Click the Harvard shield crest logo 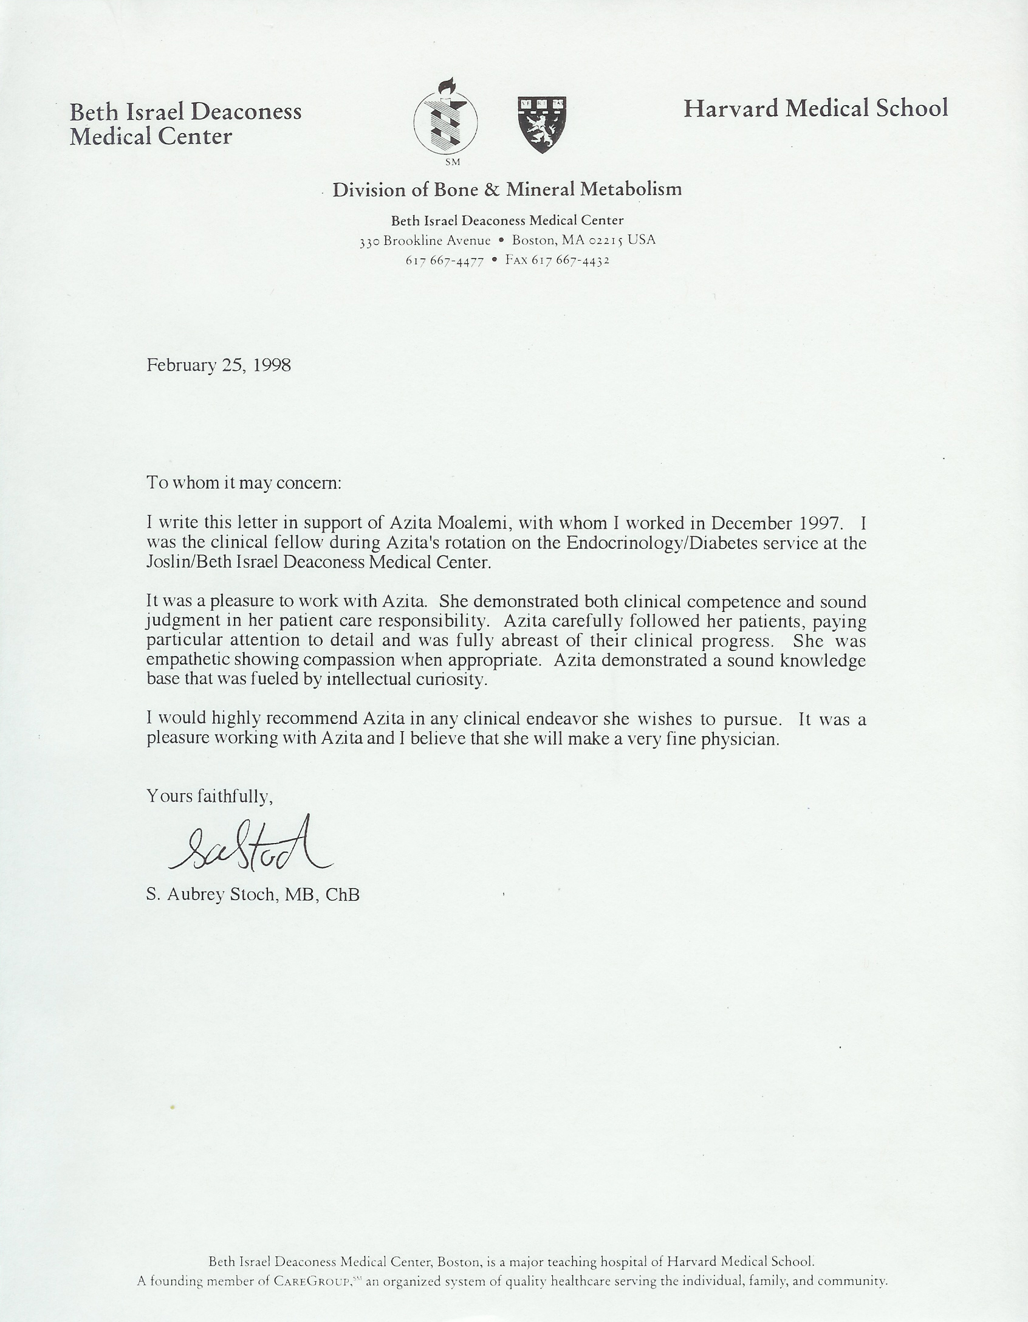pyautogui.click(x=542, y=125)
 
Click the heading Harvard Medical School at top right pyautogui.click(x=815, y=109)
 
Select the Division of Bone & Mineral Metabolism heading pyautogui.click(x=507, y=190)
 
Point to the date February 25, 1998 pyautogui.click(x=219, y=365)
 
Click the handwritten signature pyautogui.click(x=250, y=845)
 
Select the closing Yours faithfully pyautogui.click(x=210, y=796)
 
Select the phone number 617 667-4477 pyautogui.click(x=445, y=261)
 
